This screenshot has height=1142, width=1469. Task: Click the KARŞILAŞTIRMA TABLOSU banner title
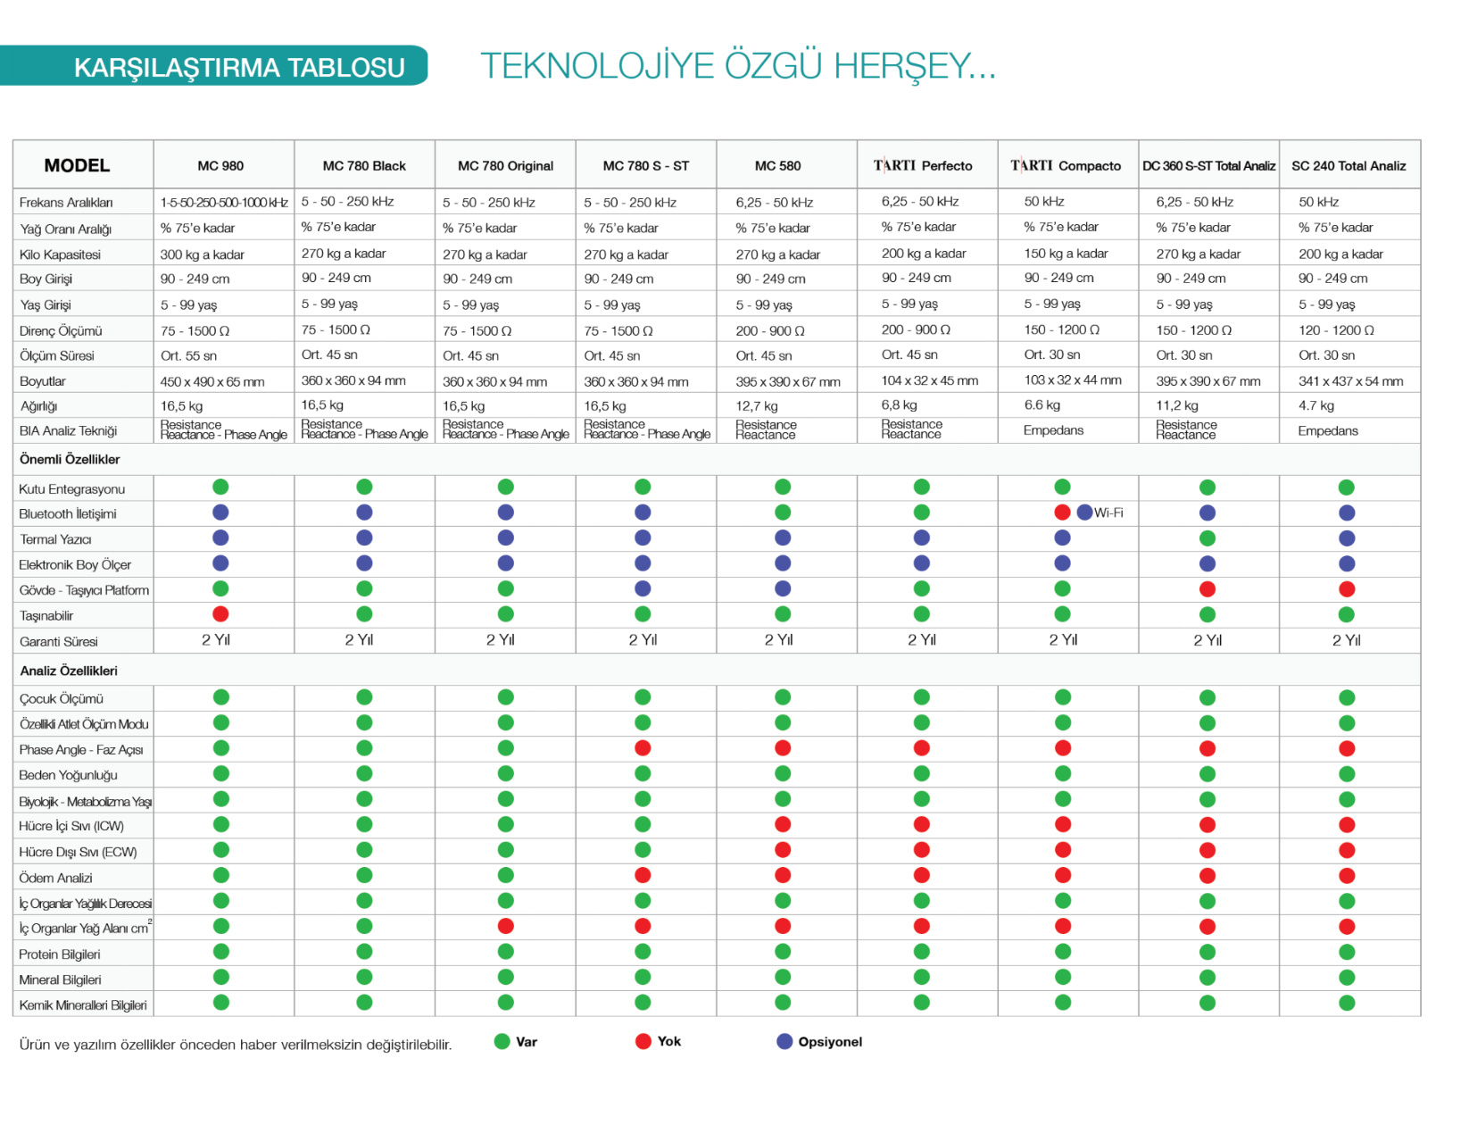[x=238, y=68]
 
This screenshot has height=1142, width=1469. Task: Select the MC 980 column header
[x=220, y=166]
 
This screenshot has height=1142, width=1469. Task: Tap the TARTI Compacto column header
[x=1066, y=166]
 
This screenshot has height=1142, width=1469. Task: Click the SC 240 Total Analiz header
[x=1348, y=166]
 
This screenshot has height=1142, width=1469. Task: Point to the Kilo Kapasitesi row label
[x=60, y=254]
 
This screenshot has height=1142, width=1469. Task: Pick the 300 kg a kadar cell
[x=202, y=254]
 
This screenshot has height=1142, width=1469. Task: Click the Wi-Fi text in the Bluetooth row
[x=1108, y=513]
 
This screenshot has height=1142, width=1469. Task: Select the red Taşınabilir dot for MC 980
[x=220, y=614]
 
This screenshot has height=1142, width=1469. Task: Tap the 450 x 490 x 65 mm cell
[x=212, y=382]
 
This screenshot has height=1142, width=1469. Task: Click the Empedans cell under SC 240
[x=1327, y=431]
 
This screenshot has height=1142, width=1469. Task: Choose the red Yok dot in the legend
[x=643, y=1041]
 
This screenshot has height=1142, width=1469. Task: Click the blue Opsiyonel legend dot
[x=784, y=1041]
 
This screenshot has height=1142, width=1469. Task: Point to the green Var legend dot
[x=502, y=1041]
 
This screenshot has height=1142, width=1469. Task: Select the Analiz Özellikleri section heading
[x=69, y=671]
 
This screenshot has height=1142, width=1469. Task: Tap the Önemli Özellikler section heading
[x=70, y=460]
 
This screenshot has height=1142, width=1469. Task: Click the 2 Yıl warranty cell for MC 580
[x=778, y=640]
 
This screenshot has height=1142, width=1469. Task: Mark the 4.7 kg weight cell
[x=1315, y=406]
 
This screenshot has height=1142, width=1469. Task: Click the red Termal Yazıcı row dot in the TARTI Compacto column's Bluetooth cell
[x=1061, y=513]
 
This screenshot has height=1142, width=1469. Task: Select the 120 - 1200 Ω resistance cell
[x=1336, y=330]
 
